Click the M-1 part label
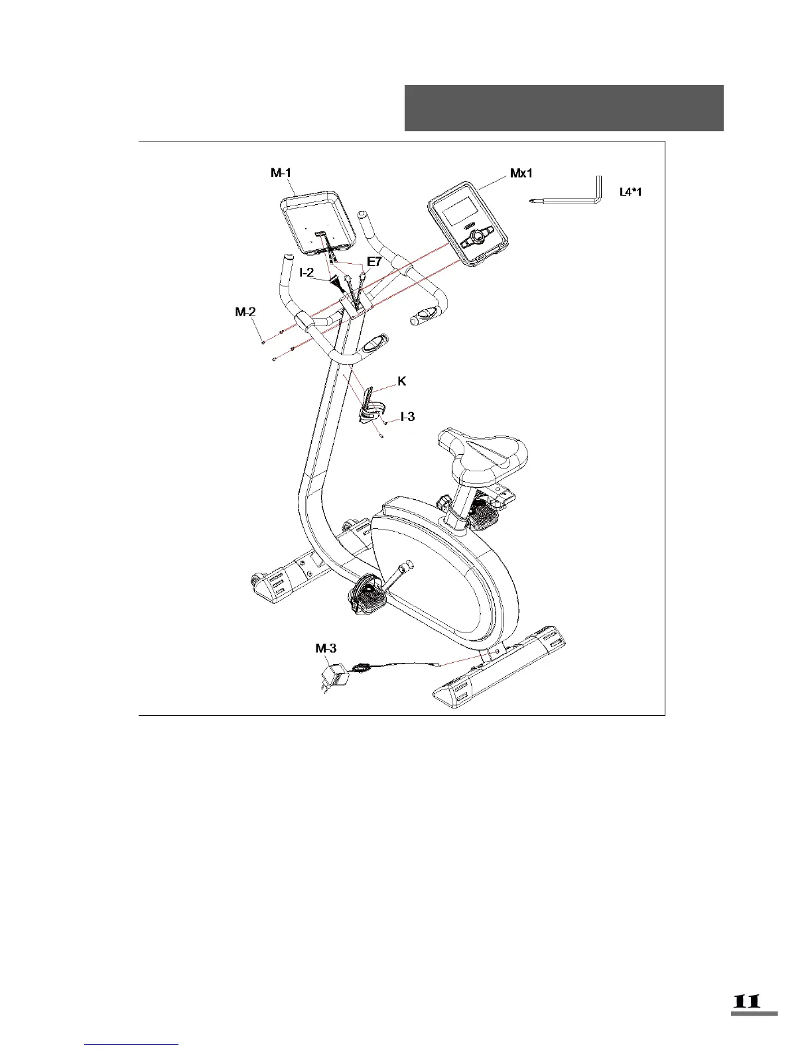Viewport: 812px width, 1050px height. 280,174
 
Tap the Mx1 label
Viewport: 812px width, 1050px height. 521,174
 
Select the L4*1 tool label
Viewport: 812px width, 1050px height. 630,192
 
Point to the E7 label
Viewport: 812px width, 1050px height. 374,262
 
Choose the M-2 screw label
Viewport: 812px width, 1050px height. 245,312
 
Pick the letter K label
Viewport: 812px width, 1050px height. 401,381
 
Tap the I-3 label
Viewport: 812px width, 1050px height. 407,416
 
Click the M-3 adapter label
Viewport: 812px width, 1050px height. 326,648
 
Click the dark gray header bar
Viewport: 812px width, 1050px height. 564,108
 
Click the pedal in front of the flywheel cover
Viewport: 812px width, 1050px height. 366,594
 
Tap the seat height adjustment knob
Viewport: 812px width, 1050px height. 443,502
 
